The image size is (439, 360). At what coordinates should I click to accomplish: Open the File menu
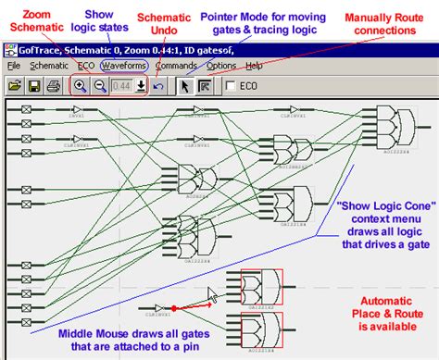pyautogui.click(x=14, y=67)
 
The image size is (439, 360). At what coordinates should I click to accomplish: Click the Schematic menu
pyautogui.click(x=49, y=67)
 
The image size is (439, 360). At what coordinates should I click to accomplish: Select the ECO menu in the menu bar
pyautogui.click(x=86, y=67)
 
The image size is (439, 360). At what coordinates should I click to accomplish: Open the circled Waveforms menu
pyautogui.click(x=124, y=67)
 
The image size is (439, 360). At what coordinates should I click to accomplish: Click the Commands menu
pyautogui.click(x=175, y=67)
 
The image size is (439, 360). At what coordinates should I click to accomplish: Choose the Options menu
pyautogui.click(x=220, y=67)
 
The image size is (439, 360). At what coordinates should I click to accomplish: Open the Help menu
pyautogui.click(x=254, y=67)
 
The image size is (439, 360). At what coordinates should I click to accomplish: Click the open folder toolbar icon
pyautogui.click(x=15, y=86)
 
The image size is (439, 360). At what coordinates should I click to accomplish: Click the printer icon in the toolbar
pyautogui.click(x=54, y=86)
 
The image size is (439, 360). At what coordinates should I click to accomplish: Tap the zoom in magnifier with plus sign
pyautogui.click(x=80, y=86)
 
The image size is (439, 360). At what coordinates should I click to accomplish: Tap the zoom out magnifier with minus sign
pyautogui.click(x=99, y=86)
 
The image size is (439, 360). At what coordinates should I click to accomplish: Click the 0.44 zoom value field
pyautogui.click(x=120, y=86)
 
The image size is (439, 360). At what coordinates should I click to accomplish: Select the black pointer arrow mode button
pyautogui.click(x=184, y=86)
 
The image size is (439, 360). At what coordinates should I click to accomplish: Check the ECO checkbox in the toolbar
pyautogui.click(x=231, y=86)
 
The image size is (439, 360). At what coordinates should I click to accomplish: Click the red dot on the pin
pyautogui.click(x=173, y=307)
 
